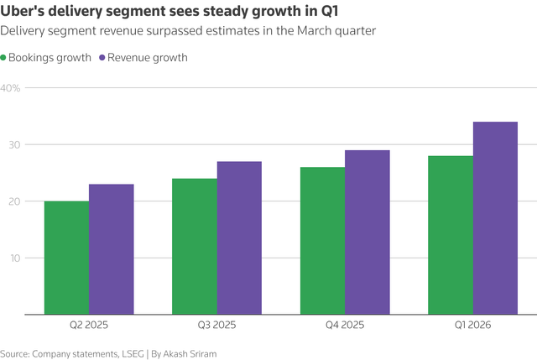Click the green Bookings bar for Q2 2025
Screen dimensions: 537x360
click(67, 258)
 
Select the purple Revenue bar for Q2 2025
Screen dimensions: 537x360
click(112, 249)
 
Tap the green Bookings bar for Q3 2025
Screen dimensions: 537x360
click(195, 246)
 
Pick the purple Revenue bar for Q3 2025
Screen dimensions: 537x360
click(239, 237)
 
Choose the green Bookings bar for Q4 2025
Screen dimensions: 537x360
click(322, 241)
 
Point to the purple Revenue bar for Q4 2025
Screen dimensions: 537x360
click(368, 232)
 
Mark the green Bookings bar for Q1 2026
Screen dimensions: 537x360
click(451, 235)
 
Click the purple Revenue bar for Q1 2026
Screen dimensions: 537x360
click(496, 218)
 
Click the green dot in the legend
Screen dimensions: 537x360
click(3, 58)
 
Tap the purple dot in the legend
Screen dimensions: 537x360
click(102, 58)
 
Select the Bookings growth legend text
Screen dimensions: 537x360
click(50, 58)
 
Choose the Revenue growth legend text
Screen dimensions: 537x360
click(148, 58)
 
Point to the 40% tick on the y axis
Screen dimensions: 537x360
click(10, 88)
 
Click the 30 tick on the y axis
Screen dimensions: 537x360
click(14, 145)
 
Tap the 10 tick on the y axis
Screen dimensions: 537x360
click(15, 258)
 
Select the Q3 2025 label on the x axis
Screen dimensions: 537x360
click(216, 325)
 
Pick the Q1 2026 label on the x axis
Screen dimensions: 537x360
click(472, 325)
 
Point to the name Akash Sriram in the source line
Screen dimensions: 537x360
click(190, 353)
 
